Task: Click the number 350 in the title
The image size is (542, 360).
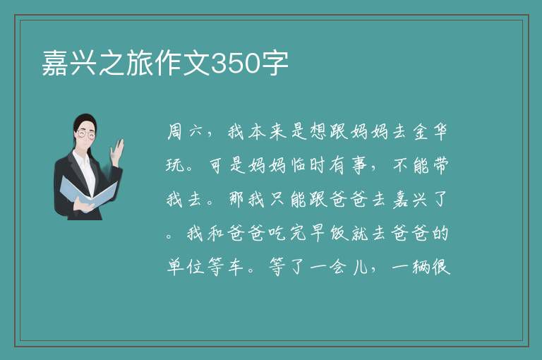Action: click(235, 64)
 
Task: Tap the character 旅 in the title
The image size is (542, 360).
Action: click(139, 63)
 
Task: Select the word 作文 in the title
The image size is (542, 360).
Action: click(182, 63)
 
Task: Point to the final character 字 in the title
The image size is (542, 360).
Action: click(275, 63)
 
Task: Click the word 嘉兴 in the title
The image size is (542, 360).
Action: click(69, 63)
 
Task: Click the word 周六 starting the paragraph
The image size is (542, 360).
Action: click(185, 132)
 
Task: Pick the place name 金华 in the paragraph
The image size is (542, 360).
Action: click(430, 132)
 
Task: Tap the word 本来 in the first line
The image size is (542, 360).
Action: click(267, 132)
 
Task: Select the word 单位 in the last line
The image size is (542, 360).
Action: click(186, 268)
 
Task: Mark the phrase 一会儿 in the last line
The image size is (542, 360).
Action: click(339, 268)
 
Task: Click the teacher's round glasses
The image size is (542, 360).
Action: click(85, 134)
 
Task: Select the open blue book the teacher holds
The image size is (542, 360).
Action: click(88, 192)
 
